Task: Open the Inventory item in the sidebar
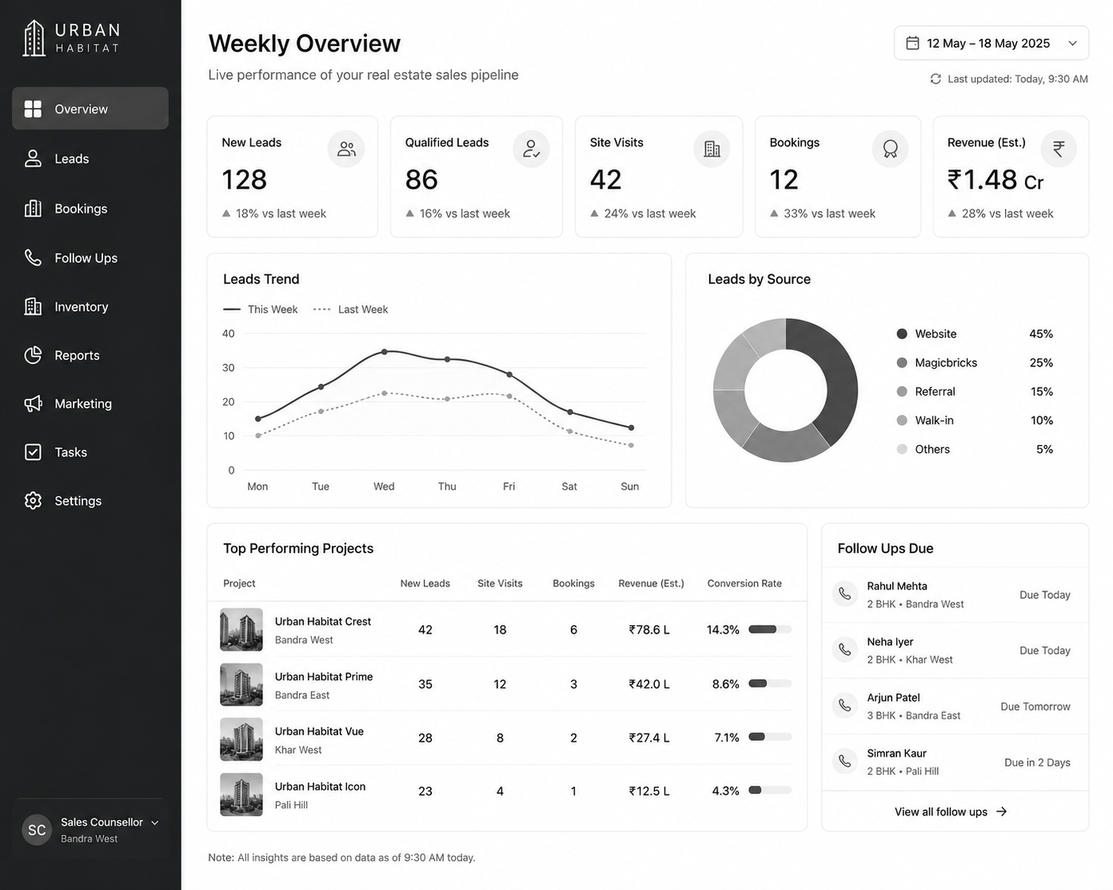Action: pos(81,306)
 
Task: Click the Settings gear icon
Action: pos(33,501)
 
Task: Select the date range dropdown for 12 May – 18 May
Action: pos(991,43)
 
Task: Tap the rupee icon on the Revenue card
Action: pos(1059,149)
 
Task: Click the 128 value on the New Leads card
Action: pos(245,180)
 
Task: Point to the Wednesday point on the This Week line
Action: pos(384,351)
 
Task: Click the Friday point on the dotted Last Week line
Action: pos(510,397)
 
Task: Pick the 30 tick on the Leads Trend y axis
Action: pos(228,367)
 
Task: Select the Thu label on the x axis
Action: pos(447,486)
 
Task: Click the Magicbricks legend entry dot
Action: pos(902,363)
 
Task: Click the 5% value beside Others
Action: pos(1044,449)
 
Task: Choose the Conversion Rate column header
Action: pos(744,583)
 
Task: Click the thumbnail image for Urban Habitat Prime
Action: pos(241,685)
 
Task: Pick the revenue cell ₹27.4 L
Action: pos(649,738)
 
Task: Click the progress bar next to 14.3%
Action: pos(769,629)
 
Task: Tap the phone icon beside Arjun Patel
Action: pos(845,705)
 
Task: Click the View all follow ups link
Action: pos(950,811)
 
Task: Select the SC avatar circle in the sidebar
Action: pos(37,830)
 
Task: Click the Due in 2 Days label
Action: pos(1037,762)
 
